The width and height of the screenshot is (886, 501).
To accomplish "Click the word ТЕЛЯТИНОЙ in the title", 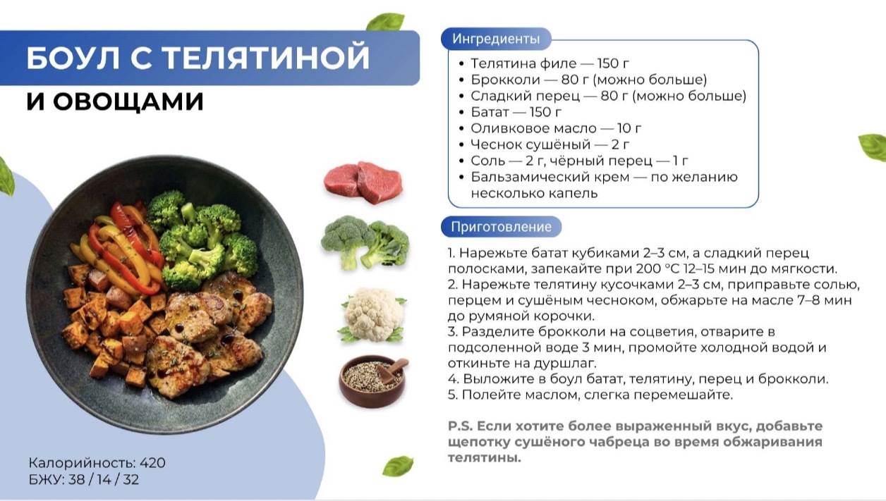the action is tap(266, 58).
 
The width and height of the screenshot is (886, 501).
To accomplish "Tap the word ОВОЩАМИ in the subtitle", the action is tap(128, 101).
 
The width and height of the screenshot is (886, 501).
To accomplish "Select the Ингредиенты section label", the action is tap(496, 39).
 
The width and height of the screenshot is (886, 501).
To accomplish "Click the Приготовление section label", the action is tap(501, 227).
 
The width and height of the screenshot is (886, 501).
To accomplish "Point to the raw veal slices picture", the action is tap(363, 182).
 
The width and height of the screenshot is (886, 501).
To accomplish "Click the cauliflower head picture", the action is tap(373, 315).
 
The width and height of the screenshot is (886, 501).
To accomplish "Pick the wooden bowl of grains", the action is tap(373, 381).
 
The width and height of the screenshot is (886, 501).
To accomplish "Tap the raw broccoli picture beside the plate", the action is tap(365, 242).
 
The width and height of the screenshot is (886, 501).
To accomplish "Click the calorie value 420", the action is tap(152, 463).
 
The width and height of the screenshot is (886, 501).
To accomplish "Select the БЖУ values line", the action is tap(84, 479).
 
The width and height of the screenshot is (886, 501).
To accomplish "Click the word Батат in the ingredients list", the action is tap(490, 112).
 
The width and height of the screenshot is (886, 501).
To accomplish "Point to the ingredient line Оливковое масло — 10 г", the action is tap(556, 128).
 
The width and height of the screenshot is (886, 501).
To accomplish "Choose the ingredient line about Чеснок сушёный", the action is tap(550, 144).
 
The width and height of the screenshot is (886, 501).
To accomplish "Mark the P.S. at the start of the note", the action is tap(461, 426).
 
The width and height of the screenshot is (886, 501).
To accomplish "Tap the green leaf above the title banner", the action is tap(385, 21).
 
